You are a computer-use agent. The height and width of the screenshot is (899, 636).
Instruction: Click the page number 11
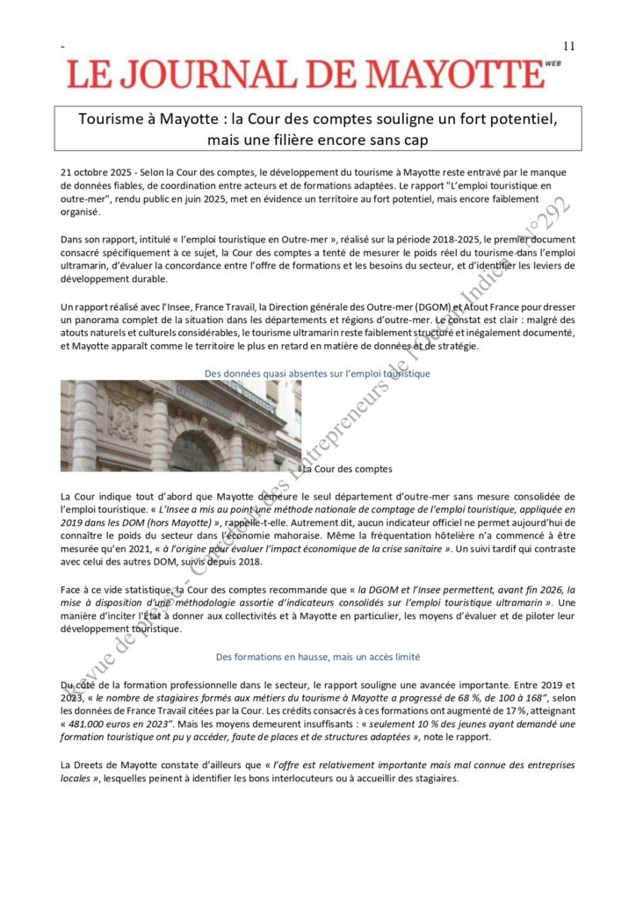pyautogui.click(x=567, y=46)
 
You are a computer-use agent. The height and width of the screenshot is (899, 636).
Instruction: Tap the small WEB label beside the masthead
pyautogui.click(x=553, y=63)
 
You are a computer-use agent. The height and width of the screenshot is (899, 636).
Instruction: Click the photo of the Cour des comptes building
pyautogui.click(x=180, y=426)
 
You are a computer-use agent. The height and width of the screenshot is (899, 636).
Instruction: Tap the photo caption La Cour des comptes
pyautogui.click(x=347, y=469)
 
